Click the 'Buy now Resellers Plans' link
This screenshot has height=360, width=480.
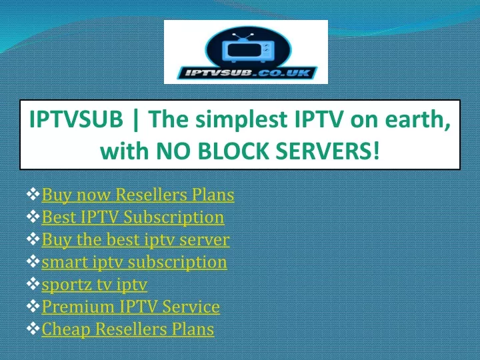(138, 195)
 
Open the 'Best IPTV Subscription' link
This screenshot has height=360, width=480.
(133, 217)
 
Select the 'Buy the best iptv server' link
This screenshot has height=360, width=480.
(135, 239)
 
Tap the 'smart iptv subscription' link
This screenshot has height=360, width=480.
(135, 262)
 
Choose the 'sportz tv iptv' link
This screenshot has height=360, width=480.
(95, 285)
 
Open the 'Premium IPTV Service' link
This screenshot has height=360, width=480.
(131, 307)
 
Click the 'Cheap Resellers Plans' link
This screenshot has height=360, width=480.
(128, 329)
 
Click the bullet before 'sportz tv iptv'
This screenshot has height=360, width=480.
(33, 283)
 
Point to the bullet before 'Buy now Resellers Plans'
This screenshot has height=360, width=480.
(33, 194)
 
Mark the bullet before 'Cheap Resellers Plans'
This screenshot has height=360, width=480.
(33, 328)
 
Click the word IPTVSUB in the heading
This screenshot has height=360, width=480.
(76, 119)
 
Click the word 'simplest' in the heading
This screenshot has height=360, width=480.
(241, 120)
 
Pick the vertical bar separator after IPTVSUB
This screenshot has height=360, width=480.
(136, 120)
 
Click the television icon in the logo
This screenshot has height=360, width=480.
(248, 48)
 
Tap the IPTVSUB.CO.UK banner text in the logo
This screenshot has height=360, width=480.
(247, 73)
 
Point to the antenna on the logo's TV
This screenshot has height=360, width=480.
(243, 37)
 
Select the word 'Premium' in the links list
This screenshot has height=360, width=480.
(78, 307)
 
